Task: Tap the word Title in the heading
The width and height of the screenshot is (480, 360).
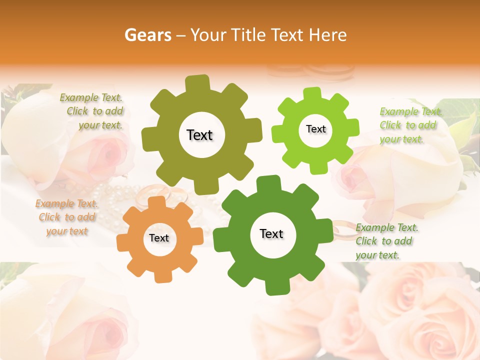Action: coord(250,35)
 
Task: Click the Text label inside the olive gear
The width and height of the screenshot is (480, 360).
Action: coord(200,135)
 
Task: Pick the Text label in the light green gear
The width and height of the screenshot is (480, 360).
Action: coord(315,129)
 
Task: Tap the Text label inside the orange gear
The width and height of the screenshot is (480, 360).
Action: coord(159,238)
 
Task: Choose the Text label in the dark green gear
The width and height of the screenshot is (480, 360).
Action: coord(271,233)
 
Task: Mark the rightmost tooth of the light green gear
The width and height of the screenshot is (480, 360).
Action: coord(352,127)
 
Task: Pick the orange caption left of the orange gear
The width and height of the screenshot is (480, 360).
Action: coord(66,217)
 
